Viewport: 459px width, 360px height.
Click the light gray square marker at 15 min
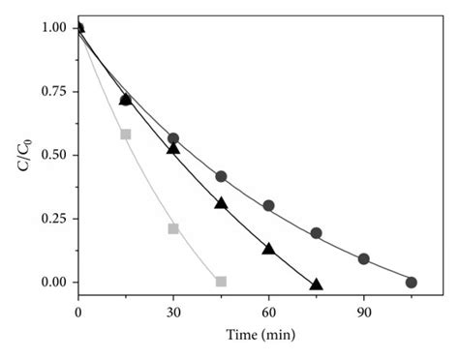pyautogui.click(x=126, y=134)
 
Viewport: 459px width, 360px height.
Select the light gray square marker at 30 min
pyautogui.click(x=173, y=228)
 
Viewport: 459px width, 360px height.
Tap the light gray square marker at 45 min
pyautogui.click(x=221, y=282)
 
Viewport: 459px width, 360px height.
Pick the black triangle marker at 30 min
pyautogui.click(x=173, y=148)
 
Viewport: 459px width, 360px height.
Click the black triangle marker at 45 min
pyautogui.click(x=221, y=202)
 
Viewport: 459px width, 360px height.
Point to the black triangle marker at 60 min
pyautogui.click(x=268, y=249)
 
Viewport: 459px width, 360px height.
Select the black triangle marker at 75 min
pyautogui.click(x=316, y=284)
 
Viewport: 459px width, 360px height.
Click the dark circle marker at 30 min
pyautogui.click(x=173, y=138)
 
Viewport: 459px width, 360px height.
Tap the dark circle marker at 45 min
pyautogui.click(x=221, y=176)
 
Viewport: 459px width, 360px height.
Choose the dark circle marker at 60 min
pyautogui.click(x=268, y=205)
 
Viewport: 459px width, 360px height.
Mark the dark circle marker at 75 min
pyautogui.click(x=316, y=233)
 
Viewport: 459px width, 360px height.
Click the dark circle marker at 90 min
pyautogui.click(x=363, y=258)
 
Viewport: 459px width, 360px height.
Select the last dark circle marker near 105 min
pyautogui.click(x=411, y=282)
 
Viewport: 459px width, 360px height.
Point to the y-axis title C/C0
pyautogui.click(x=22, y=155)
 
